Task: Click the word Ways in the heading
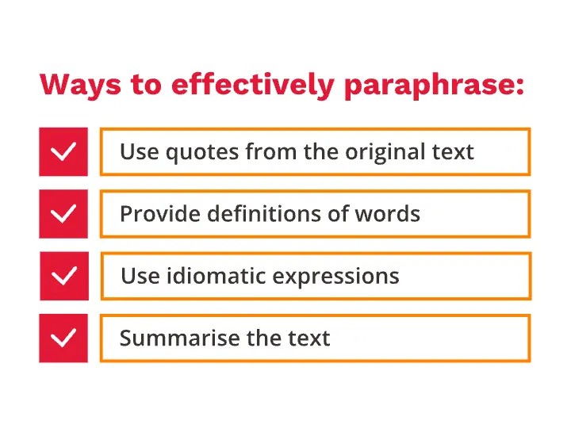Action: tap(80, 85)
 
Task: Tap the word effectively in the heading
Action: tap(253, 85)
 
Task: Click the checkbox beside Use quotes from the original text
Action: tap(63, 151)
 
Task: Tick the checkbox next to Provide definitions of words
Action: tap(63, 214)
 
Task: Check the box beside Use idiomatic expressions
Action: tap(64, 276)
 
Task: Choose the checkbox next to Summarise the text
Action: tap(63, 338)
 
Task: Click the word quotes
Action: tap(202, 153)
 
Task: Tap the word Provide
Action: tap(160, 214)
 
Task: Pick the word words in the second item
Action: tap(388, 213)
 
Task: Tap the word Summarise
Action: tap(179, 338)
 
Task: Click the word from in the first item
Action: tap(271, 151)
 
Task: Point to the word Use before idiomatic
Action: tap(140, 276)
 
